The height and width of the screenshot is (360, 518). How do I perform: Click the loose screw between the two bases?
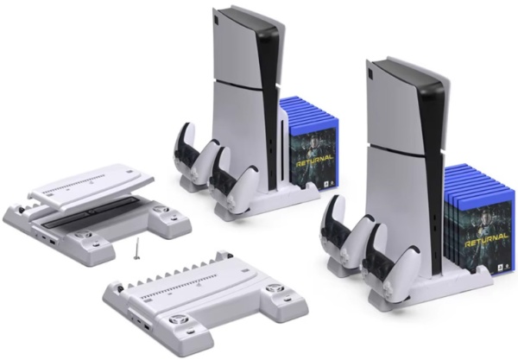click(x=136, y=249)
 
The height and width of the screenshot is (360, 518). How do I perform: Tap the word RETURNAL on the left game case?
click(x=314, y=161)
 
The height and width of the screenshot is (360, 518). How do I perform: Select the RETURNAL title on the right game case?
click(x=485, y=241)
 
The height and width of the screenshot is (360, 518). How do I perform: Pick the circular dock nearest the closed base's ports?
click(x=175, y=320)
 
